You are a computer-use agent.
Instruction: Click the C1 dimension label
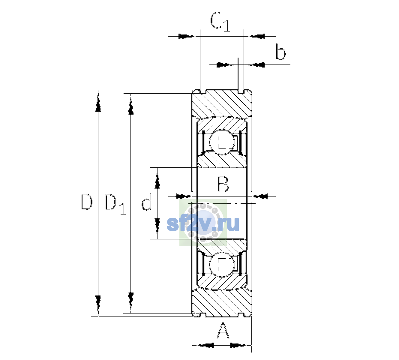[x=220, y=22]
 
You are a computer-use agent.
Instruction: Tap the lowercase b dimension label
[x=281, y=52]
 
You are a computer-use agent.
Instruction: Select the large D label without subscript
[x=87, y=202]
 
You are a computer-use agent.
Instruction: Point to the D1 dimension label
[x=115, y=205]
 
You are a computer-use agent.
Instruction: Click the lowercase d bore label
[x=147, y=202]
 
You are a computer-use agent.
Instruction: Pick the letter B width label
[x=223, y=184]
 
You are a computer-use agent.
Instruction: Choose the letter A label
[x=223, y=331]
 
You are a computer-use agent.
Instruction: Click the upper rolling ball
[x=222, y=142]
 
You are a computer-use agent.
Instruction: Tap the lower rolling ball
[x=222, y=265]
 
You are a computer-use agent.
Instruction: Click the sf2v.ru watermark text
[x=203, y=224]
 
